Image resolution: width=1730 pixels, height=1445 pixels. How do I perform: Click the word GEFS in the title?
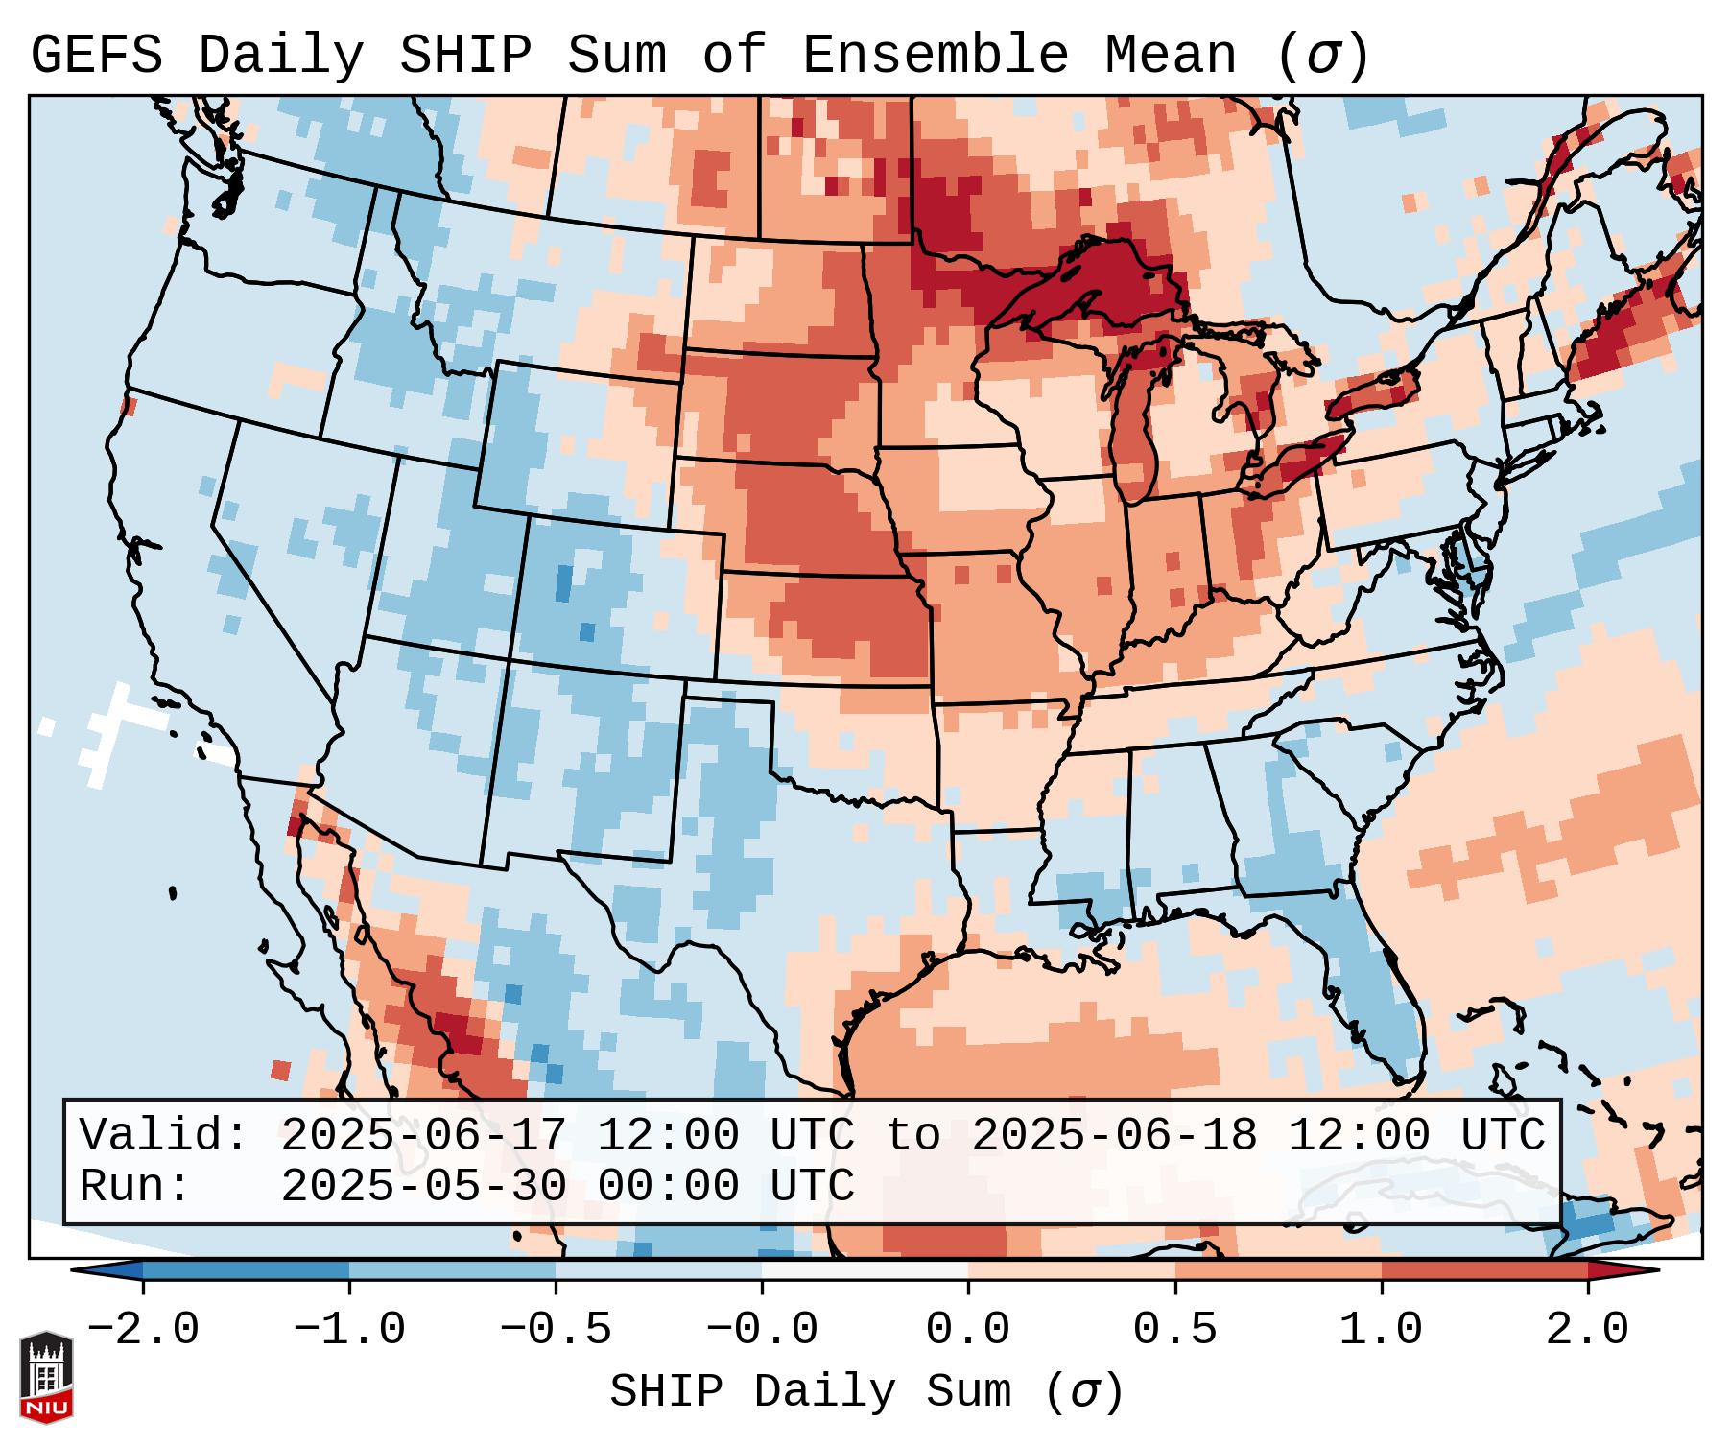97,55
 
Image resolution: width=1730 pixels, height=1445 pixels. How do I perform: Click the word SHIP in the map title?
464,55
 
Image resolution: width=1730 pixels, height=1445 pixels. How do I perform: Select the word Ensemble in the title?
935,55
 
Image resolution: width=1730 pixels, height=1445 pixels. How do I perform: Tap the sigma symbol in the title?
1322,57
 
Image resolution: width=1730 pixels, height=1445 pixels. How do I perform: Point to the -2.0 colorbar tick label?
143,1330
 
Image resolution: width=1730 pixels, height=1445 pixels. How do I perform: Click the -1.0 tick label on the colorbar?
349,1330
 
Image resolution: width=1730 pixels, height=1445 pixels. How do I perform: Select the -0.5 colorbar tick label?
556,1330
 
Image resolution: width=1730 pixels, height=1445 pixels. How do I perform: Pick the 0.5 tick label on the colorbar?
1175,1330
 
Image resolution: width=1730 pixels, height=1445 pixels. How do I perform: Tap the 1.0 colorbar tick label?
1382,1330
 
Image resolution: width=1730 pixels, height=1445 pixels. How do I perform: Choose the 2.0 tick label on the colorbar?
1588,1330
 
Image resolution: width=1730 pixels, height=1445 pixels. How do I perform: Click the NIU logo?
46,1377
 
